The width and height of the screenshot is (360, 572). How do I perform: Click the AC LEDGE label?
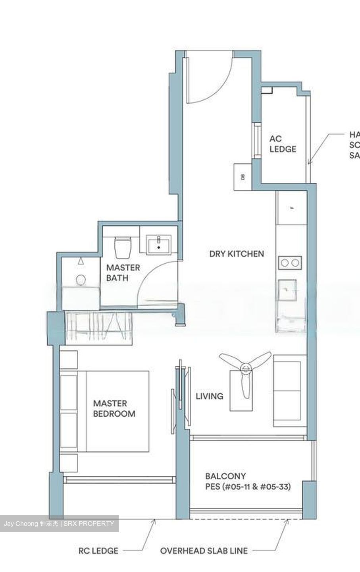coord(283,144)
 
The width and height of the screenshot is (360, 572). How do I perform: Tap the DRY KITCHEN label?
coord(237,253)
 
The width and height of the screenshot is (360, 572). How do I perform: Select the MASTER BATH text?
coord(123,272)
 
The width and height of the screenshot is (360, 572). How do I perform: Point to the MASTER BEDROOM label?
coord(114,408)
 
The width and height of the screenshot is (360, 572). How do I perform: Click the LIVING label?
coord(210,396)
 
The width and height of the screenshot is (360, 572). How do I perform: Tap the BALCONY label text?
coord(225,476)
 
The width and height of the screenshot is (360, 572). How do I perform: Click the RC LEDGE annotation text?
coord(98,551)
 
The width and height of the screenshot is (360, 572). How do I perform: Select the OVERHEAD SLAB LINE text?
coord(204,551)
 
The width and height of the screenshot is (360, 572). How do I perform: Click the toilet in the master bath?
coord(122,247)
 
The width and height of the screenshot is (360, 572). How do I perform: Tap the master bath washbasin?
coord(159,243)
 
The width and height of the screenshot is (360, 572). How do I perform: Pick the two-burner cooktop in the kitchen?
coord(289,263)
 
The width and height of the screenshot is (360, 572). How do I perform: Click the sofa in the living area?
coord(290,391)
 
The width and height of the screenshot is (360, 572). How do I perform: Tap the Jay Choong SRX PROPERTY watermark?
coord(59,524)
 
